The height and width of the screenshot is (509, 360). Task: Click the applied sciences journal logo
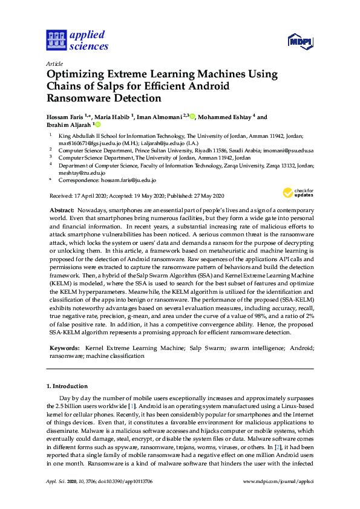77,40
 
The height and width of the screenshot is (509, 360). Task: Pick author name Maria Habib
113,117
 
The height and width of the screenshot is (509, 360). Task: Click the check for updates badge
298,193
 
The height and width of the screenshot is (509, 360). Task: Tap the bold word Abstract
62,209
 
